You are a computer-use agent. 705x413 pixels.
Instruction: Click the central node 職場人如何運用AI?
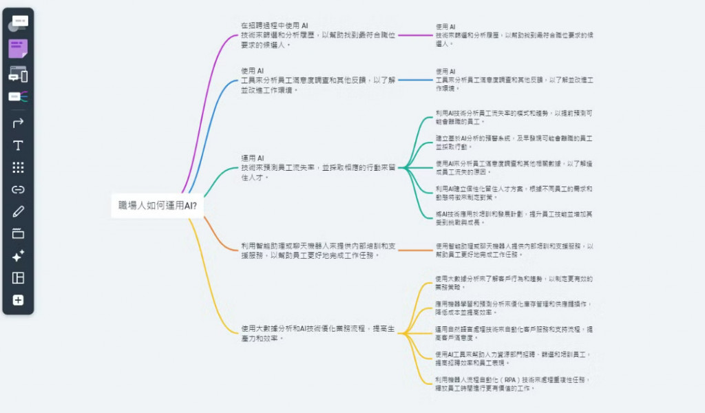pyautogui.click(x=157, y=205)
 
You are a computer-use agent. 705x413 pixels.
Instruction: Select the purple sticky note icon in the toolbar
pyautogui.click(x=18, y=49)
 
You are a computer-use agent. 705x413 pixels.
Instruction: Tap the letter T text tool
pyautogui.click(x=18, y=145)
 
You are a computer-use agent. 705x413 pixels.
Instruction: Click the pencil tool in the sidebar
pyautogui.click(x=18, y=211)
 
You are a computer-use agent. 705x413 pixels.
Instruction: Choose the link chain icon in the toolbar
pyautogui.click(x=18, y=189)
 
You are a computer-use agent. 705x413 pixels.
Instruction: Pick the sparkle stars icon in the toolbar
pyautogui.click(x=18, y=256)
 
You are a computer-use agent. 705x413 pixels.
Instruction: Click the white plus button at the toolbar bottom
pyautogui.click(x=18, y=300)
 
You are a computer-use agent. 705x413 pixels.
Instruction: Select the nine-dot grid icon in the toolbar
pyautogui.click(x=18, y=167)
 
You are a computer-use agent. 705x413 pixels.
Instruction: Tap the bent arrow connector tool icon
pyautogui.click(x=18, y=123)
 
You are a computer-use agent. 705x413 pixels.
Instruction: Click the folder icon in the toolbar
pyautogui.click(x=18, y=233)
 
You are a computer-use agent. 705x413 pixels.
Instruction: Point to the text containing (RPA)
pyautogui.click(x=513, y=383)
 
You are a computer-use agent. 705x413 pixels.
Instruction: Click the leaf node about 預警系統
pyautogui.click(x=514, y=142)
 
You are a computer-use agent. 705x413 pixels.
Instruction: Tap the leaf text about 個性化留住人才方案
pyautogui.click(x=514, y=192)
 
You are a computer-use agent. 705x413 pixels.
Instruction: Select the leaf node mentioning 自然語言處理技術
pyautogui.click(x=514, y=333)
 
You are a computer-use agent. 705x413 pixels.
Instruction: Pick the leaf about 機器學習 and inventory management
pyautogui.click(x=514, y=307)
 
